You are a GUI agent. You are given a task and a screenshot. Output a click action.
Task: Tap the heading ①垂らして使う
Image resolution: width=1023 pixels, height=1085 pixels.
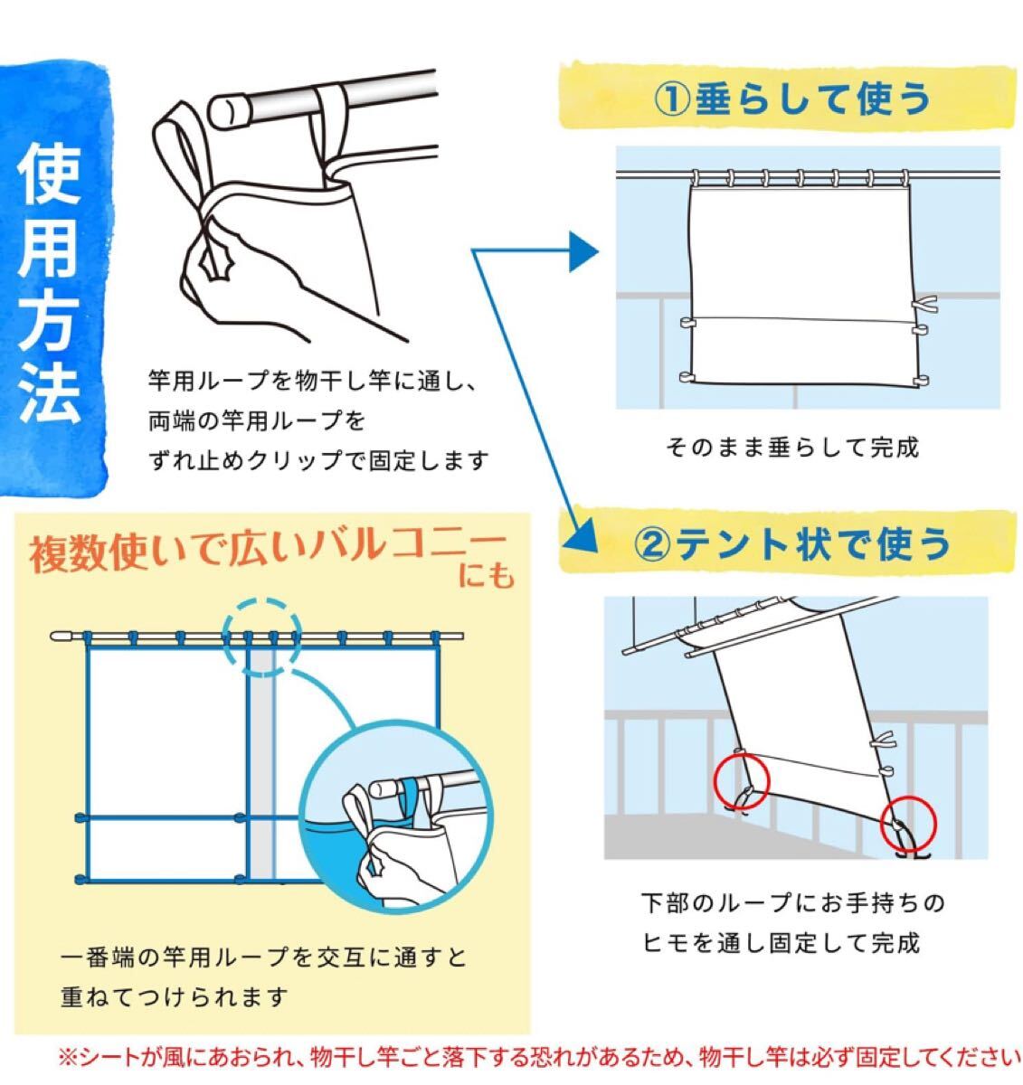pos(792,99)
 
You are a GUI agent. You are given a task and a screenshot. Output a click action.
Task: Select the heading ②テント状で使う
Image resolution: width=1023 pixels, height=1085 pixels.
pos(792,542)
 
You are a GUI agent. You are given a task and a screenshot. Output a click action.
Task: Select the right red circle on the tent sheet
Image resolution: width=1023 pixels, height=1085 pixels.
pos(908,825)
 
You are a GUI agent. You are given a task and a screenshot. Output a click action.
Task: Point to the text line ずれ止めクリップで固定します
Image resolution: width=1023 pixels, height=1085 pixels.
pos(318,461)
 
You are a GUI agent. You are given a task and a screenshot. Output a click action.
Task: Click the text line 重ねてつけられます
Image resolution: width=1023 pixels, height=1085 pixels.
pos(174,997)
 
